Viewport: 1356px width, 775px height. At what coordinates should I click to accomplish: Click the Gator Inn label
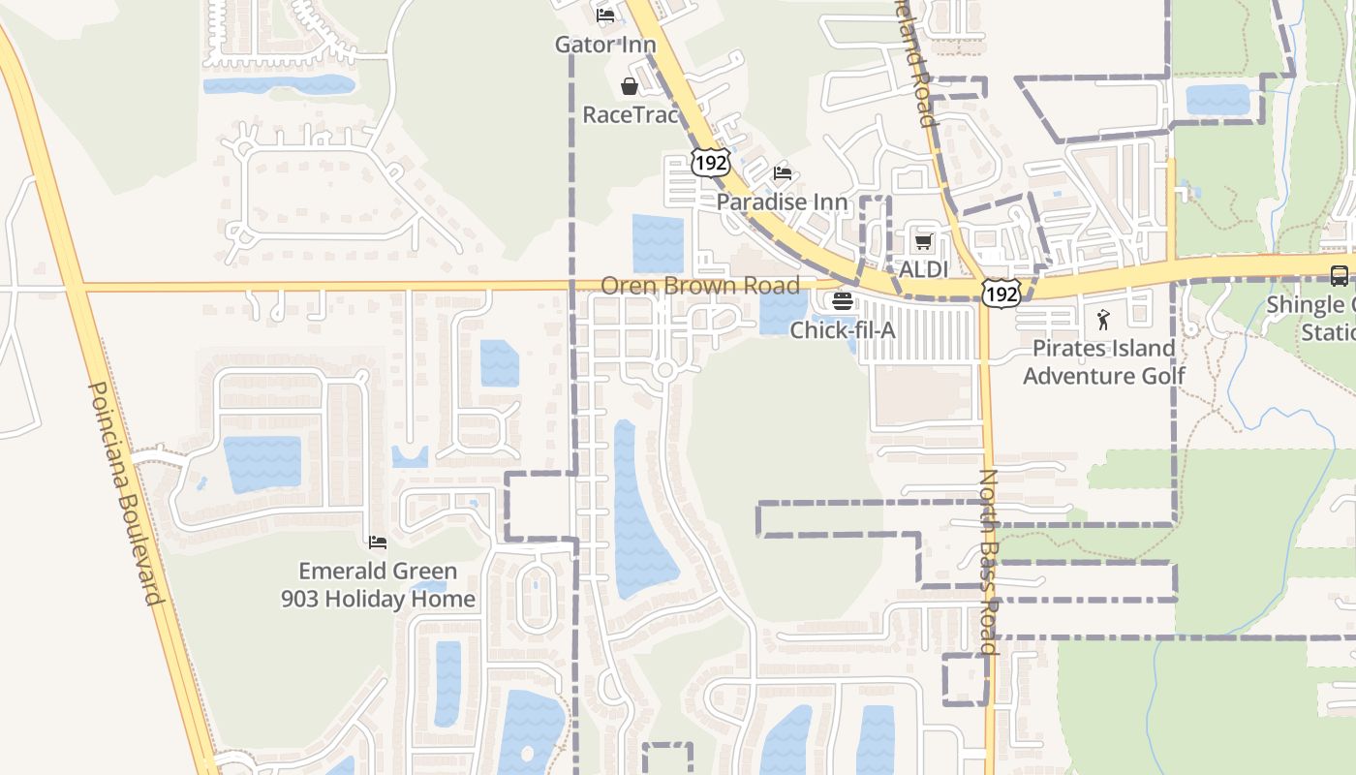point(604,45)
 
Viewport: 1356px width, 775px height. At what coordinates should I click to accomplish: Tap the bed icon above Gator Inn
point(605,15)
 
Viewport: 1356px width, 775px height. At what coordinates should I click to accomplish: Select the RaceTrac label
point(630,114)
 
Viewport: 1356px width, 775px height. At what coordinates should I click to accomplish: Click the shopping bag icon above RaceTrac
point(630,86)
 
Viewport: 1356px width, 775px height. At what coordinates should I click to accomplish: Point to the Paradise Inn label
point(782,202)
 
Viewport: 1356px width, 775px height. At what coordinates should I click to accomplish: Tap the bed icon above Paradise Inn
point(783,173)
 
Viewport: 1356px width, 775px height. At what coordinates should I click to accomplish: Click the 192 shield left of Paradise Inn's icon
point(710,163)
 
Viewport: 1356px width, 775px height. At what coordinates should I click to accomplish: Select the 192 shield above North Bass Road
point(1001,293)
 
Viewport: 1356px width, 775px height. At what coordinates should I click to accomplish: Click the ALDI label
point(923,269)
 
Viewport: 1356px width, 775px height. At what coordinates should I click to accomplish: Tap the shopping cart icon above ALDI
point(923,241)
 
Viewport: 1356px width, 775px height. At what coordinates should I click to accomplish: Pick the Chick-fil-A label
point(842,330)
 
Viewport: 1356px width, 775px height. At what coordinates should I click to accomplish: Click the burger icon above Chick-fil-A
point(842,301)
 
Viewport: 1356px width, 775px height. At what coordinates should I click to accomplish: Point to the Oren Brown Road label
point(700,286)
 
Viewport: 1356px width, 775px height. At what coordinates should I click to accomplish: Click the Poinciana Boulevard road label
point(126,492)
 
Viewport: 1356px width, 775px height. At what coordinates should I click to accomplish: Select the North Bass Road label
point(989,562)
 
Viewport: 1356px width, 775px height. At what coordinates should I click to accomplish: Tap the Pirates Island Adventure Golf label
point(1103,361)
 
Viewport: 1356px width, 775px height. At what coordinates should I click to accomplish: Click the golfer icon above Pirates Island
point(1103,319)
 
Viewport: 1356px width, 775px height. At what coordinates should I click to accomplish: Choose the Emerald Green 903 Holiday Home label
point(378,585)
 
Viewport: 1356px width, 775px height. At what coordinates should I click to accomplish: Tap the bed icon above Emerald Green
point(378,542)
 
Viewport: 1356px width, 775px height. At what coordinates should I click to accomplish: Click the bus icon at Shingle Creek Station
point(1340,275)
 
